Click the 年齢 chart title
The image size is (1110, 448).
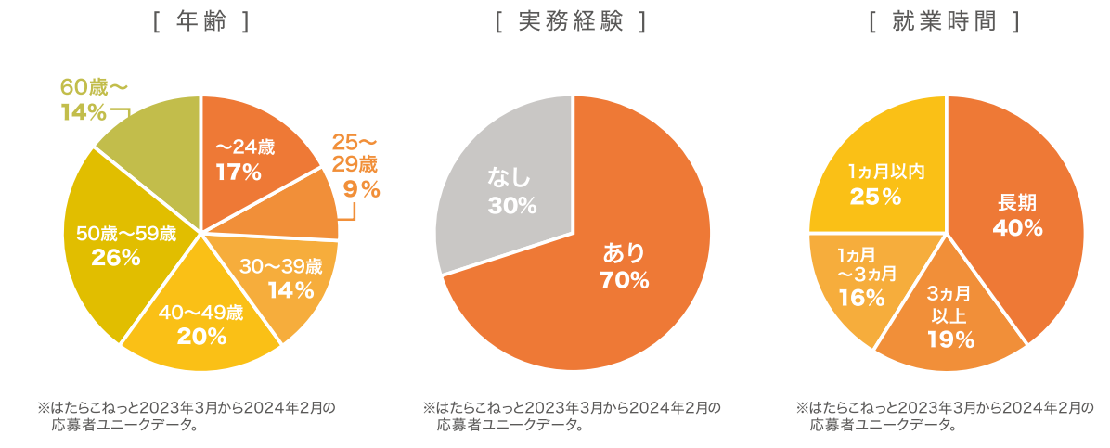click(200, 22)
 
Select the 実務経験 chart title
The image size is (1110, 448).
click(571, 22)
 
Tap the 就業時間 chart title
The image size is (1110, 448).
click(945, 22)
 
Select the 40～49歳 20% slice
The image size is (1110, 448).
click(201, 325)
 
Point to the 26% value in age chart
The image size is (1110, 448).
click(116, 259)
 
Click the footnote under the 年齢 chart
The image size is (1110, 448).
click(186, 416)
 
